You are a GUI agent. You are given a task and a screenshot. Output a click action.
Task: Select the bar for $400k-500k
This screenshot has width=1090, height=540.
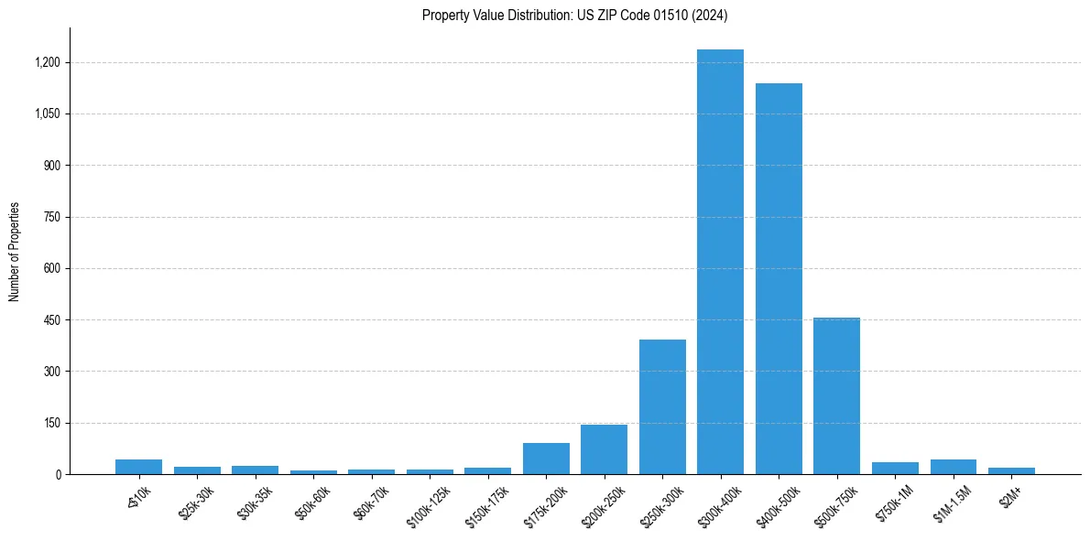click(x=779, y=279)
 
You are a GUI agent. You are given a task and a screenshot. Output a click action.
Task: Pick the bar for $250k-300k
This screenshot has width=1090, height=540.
click(x=662, y=407)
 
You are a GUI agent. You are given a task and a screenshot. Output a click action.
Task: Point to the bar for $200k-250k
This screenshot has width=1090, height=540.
click(x=604, y=449)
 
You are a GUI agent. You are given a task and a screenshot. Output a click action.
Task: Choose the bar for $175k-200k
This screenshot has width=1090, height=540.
click(x=546, y=459)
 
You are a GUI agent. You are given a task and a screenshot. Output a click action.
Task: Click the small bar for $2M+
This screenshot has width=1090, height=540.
click(x=1011, y=470)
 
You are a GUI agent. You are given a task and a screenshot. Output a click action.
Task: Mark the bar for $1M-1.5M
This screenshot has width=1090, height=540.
click(x=953, y=467)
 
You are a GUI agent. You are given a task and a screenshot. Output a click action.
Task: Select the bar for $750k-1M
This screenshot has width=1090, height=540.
click(x=895, y=469)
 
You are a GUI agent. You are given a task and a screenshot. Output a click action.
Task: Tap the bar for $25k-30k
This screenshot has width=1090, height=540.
click(x=197, y=470)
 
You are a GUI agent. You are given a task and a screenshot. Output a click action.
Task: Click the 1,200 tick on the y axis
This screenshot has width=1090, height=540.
click(x=48, y=62)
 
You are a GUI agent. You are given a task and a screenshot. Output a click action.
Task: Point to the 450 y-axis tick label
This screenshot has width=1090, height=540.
click(x=52, y=320)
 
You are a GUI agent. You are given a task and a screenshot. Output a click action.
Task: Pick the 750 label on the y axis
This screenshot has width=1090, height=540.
click(x=52, y=217)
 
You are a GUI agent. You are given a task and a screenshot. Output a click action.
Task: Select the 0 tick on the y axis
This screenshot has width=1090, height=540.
click(x=58, y=474)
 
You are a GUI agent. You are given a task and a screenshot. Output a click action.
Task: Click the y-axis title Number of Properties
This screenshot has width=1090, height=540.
click(x=15, y=252)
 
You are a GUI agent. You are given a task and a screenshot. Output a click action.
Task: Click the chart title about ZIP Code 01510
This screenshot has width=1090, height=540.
click(x=575, y=15)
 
